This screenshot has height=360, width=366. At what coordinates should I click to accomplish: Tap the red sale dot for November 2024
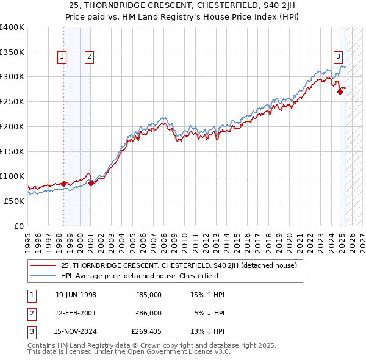coord(340,92)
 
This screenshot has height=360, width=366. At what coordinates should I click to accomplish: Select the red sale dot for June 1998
coord(63,183)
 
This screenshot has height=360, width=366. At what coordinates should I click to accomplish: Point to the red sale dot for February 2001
coord(91,182)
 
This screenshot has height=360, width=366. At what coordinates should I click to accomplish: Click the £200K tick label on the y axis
coord(12,126)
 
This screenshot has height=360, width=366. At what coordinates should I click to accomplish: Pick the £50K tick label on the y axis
coord(15,201)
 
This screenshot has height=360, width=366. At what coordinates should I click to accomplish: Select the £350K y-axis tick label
coord(12,52)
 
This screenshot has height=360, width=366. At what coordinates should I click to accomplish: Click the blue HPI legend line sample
coord(43,275)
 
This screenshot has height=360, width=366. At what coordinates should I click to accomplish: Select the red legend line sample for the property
coord(43,265)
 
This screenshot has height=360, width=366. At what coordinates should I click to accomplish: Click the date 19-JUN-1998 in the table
coord(76,295)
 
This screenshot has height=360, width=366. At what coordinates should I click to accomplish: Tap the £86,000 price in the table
coord(148,313)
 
